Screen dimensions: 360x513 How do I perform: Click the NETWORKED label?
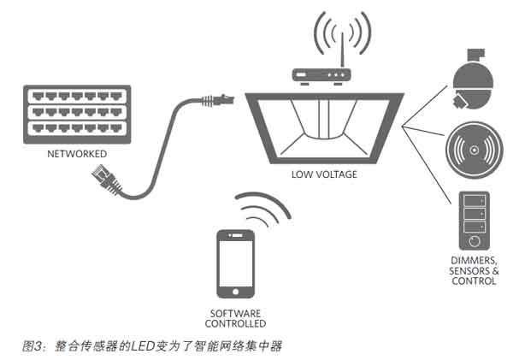(78, 154)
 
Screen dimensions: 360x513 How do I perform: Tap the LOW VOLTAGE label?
(324, 174)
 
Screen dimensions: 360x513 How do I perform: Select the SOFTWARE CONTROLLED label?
(235, 318)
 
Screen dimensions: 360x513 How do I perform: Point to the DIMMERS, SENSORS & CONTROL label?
(473, 270)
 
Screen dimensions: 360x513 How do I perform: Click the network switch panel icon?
(78, 115)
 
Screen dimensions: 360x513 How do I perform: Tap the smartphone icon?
(235, 260)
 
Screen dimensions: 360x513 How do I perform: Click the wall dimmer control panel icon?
(473, 219)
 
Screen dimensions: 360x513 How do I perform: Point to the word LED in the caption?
(143, 345)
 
